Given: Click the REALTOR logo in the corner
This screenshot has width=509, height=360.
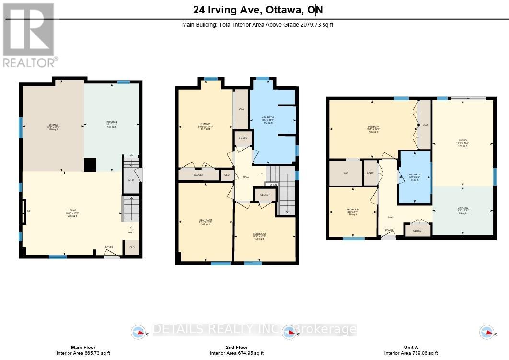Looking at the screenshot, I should (x=29, y=35).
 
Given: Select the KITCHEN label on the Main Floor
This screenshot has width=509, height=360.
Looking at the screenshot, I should (x=112, y=122).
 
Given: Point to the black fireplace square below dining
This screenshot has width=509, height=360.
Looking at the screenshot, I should (x=90, y=164).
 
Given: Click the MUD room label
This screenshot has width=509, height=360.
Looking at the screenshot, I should (x=130, y=180).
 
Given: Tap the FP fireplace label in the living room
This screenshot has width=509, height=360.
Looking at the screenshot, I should (x=28, y=211).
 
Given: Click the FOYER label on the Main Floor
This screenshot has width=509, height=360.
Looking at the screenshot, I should (x=110, y=247).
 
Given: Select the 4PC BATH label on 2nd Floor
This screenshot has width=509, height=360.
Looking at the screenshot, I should (x=267, y=120).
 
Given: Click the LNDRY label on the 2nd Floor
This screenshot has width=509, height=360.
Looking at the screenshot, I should (x=243, y=139).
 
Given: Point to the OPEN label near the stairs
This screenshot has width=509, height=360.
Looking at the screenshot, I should (x=273, y=185).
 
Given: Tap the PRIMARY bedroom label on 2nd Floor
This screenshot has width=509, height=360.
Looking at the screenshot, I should (x=205, y=124).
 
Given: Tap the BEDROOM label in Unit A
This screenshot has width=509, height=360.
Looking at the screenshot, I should (x=353, y=210).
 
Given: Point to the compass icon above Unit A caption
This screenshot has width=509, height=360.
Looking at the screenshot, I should (x=487, y=332).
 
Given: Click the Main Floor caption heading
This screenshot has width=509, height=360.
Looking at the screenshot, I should (x=83, y=348).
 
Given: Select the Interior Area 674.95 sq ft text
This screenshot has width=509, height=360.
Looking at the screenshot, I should (x=237, y=353).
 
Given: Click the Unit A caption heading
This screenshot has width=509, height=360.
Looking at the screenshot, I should (x=411, y=348).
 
